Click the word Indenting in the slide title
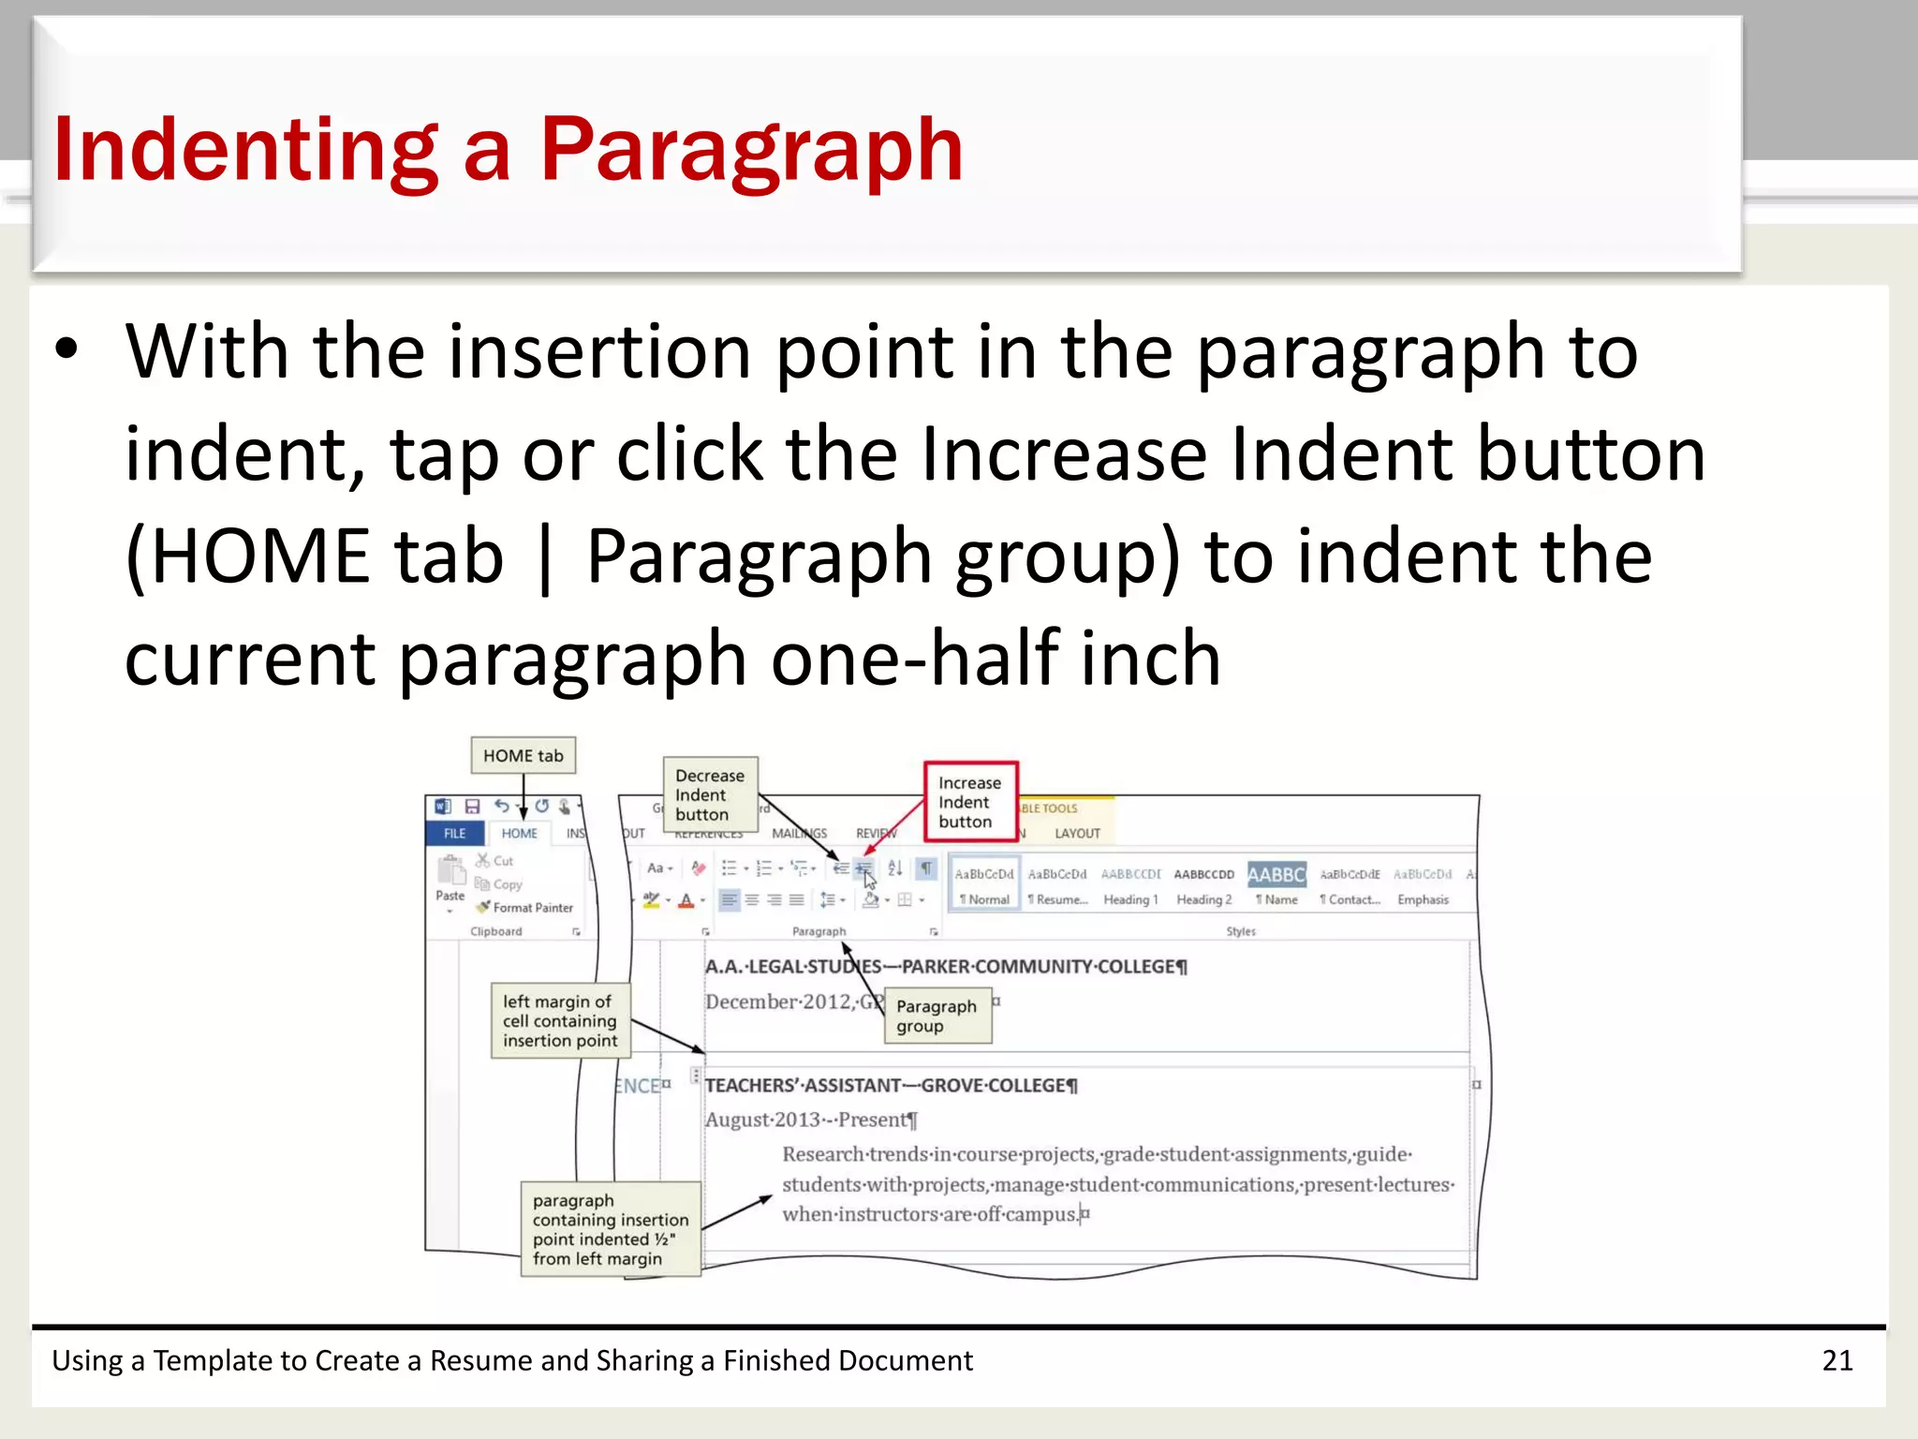click(245, 150)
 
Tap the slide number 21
click(1837, 1360)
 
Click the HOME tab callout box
click(523, 756)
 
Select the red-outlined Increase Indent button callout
click(969, 802)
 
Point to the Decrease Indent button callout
click(710, 795)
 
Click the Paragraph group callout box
click(937, 1016)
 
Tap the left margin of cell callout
click(560, 1021)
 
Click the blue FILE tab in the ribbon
click(455, 834)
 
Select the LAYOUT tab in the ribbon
click(1077, 834)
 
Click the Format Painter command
click(532, 908)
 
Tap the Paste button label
click(450, 896)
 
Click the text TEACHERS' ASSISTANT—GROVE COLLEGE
click(891, 1086)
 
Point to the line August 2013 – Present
click(811, 1120)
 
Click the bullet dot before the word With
click(66, 349)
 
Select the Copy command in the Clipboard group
click(507, 884)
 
